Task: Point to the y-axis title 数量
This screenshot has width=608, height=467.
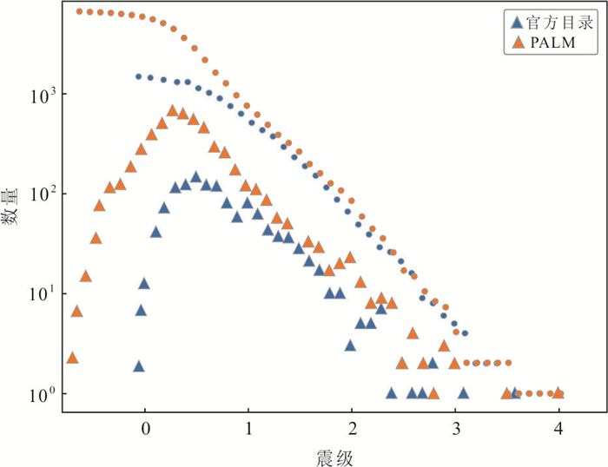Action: pyautogui.click(x=12, y=210)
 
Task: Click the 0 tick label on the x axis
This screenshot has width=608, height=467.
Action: pyautogui.click(x=145, y=429)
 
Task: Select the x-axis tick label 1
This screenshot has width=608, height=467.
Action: pyautogui.click(x=248, y=429)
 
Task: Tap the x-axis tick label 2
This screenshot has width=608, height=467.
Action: pyautogui.click(x=352, y=429)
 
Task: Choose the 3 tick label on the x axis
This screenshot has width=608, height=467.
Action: pyautogui.click(x=455, y=429)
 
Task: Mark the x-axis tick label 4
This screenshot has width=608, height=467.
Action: pyautogui.click(x=558, y=429)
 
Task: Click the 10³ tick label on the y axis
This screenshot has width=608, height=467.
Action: pyautogui.click(x=43, y=94)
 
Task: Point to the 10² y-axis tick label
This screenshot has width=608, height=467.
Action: pyautogui.click(x=43, y=194)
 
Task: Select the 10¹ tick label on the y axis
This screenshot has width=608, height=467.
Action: pyautogui.click(x=43, y=293)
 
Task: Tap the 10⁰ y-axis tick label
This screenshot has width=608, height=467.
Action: pyautogui.click(x=43, y=394)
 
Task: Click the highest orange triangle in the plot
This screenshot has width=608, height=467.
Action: pyautogui.click(x=172, y=111)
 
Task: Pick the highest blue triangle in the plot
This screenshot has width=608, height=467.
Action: pyautogui.click(x=195, y=176)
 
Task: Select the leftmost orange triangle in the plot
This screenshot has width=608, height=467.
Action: pyautogui.click(x=72, y=358)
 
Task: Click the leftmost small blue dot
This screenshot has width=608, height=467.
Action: pyautogui.click(x=138, y=76)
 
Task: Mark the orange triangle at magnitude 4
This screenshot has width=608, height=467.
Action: pyautogui.click(x=558, y=393)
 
